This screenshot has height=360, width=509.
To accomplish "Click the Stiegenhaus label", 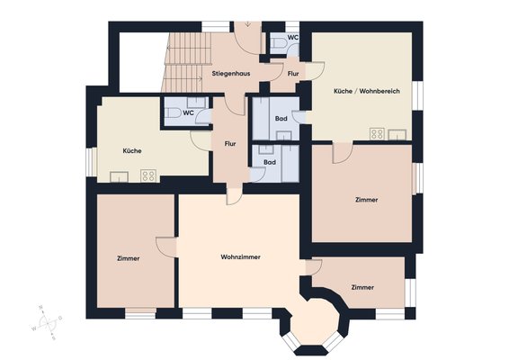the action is pos(231,74).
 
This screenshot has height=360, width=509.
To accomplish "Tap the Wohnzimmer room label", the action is pos(240,257).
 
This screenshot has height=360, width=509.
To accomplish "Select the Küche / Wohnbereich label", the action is pos(367,91).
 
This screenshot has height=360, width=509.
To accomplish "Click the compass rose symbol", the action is pos(48,322).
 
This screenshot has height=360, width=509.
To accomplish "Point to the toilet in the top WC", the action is pos(278,42).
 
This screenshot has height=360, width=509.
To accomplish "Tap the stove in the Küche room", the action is pos(148,175).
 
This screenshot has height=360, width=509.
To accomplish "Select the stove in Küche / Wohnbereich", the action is pos(377,134).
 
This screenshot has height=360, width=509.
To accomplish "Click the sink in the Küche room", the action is pos(119,176).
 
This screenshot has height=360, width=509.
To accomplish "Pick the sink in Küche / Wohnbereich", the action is pos(397,134).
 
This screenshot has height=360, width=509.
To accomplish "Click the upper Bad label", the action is pos(281,119).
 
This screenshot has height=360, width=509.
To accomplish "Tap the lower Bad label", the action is pos(270,162).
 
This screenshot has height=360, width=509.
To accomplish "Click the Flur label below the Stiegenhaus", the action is pos(230,144).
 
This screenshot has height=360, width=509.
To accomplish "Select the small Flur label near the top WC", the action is pos(293,74).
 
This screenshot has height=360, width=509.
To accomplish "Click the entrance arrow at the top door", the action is pos(248,24).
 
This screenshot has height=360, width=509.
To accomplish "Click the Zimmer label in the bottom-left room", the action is pos(129,258).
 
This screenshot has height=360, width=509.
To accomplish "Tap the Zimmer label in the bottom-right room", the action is pos(362,287).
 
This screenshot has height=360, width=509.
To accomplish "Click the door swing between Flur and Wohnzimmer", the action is pos(234,197).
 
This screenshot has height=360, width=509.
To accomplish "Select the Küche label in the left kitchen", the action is pos(132,151).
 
